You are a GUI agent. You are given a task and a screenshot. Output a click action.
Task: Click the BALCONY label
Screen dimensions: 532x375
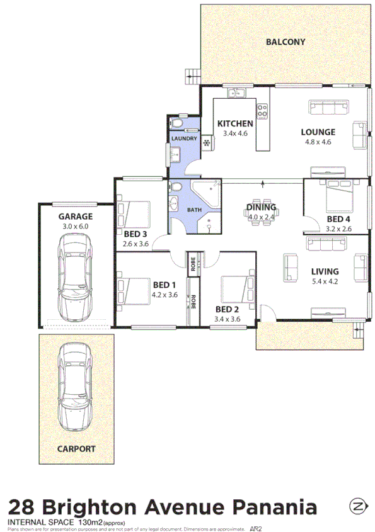point(285,42)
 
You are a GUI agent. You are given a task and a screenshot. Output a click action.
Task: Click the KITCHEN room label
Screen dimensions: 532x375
point(235,123)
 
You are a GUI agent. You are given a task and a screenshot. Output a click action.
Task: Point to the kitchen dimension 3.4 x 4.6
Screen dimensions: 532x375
point(235,133)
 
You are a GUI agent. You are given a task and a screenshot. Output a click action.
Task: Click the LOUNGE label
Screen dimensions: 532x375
point(318,132)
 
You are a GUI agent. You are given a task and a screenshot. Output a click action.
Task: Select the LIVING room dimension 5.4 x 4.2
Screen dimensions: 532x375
point(325,281)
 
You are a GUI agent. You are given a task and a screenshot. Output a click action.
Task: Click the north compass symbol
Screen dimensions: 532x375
point(359,507)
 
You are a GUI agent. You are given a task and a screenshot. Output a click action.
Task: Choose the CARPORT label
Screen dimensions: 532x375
point(76,449)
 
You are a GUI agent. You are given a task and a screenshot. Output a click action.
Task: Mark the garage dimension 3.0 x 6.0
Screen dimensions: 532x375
point(76,226)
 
